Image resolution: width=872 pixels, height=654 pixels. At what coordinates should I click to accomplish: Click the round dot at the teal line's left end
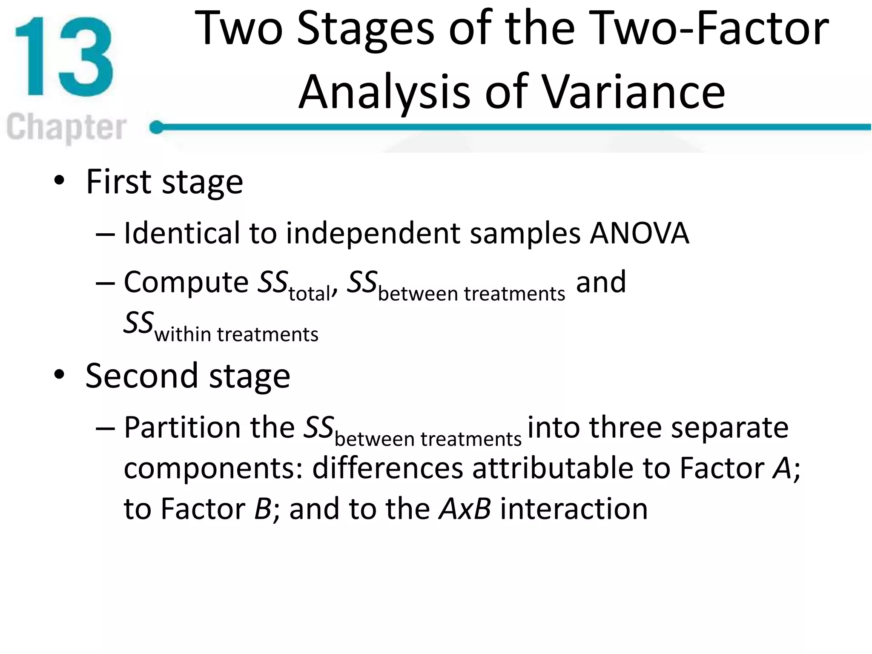[x=157, y=127]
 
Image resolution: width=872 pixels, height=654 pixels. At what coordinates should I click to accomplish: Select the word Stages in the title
[x=365, y=29]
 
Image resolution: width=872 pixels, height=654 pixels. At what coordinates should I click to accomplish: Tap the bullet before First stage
[x=59, y=181]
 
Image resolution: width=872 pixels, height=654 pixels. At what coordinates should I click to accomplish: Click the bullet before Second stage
[x=59, y=375]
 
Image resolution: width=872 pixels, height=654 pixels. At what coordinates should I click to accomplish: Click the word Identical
[x=182, y=233]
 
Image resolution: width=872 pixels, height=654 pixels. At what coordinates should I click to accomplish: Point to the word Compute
[x=186, y=283]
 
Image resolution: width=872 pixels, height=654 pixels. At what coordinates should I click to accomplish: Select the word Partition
[x=183, y=427]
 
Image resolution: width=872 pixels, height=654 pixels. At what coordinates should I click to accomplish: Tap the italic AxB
[x=465, y=509]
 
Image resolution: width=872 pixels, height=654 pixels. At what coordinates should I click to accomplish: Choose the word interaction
[x=574, y=509]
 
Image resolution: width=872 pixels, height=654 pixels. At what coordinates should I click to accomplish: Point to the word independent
[x=373, y=233]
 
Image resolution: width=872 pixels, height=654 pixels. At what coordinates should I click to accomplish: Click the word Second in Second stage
[x=142, y=376]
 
